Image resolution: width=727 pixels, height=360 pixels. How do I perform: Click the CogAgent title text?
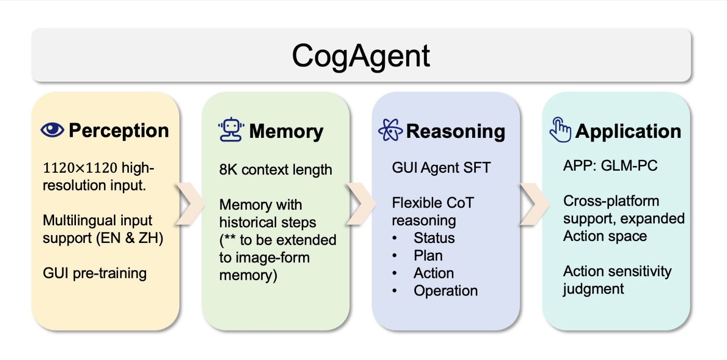coord(361,56)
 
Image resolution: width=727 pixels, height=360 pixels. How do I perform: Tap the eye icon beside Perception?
coord(52,130)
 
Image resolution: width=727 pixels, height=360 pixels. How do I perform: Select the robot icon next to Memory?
coord(231,130)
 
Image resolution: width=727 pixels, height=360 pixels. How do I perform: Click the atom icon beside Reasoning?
coord(391,130)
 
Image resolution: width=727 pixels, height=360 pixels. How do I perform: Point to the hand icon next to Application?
coord(561,130)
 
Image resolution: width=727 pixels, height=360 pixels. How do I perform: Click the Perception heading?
coord(119,131)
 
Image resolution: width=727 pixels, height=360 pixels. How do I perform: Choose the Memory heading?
coord(286,132)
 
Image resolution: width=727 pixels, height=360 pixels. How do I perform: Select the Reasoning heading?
coord(456,132)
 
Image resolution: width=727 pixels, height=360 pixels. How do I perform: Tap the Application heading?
coord(628,132)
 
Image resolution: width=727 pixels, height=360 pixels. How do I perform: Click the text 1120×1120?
coord(80,168)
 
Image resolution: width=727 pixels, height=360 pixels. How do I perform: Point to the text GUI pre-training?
coord(95,273)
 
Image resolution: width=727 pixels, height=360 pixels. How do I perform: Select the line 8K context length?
coord(276,170)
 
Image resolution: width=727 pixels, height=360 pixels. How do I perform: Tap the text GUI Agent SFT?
coord(442,168)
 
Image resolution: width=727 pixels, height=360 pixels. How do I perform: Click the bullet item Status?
coord(434,238)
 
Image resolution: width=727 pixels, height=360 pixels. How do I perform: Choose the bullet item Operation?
coord(446,291)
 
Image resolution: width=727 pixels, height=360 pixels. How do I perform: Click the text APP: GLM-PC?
coord(610,166)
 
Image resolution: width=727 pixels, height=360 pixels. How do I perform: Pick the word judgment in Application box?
coord(593,289)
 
